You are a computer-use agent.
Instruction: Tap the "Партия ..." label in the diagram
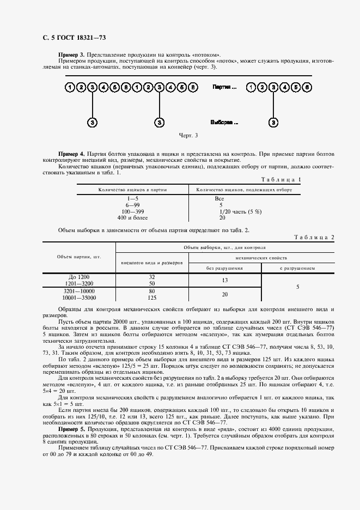tap(224, 87)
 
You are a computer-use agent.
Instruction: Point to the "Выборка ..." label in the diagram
tap(224, 123)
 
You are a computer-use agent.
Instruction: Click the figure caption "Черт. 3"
tap(188, 135)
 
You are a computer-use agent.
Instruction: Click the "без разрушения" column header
tap(224, 268)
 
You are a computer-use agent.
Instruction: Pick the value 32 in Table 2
tap(152, 278)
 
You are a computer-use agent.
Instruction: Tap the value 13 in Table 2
tap(224, 281)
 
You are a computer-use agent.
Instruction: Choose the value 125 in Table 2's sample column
tap(152, 297)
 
